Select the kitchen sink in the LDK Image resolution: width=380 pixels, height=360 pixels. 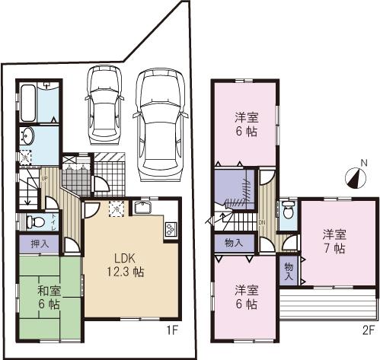(x=144, y=209)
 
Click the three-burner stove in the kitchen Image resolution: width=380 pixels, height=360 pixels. (x=170, y=226)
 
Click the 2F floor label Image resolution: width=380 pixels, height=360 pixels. (x=369, y=332)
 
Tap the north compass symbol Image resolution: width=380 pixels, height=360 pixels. (x=355, y=177)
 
